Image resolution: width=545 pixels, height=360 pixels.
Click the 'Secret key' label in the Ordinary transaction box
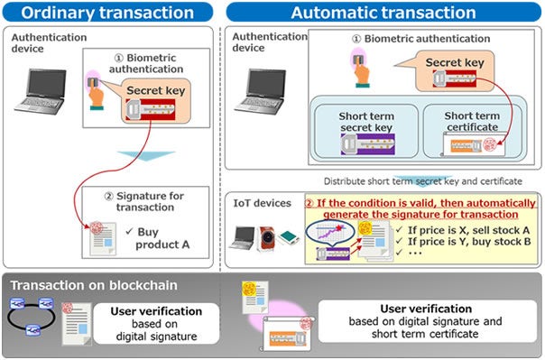[x=154, y=91]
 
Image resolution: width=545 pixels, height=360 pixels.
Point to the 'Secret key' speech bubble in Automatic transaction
[x=454, y=64]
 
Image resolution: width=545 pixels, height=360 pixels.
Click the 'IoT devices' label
[x=263, y=203]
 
